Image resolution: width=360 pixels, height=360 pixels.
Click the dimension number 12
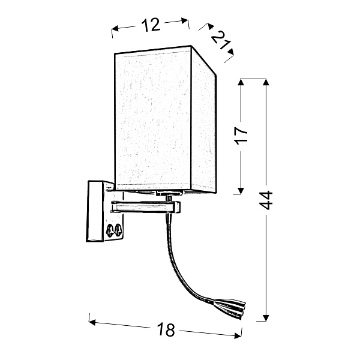151,25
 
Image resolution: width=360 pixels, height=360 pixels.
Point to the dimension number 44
266,200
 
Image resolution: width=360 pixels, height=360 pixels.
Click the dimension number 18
166,329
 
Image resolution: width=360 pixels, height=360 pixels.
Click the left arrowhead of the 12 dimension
115,29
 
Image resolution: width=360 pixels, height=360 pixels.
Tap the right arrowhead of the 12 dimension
185,20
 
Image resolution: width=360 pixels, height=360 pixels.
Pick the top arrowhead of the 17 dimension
241,82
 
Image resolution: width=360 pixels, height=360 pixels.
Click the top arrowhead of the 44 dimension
266,82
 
